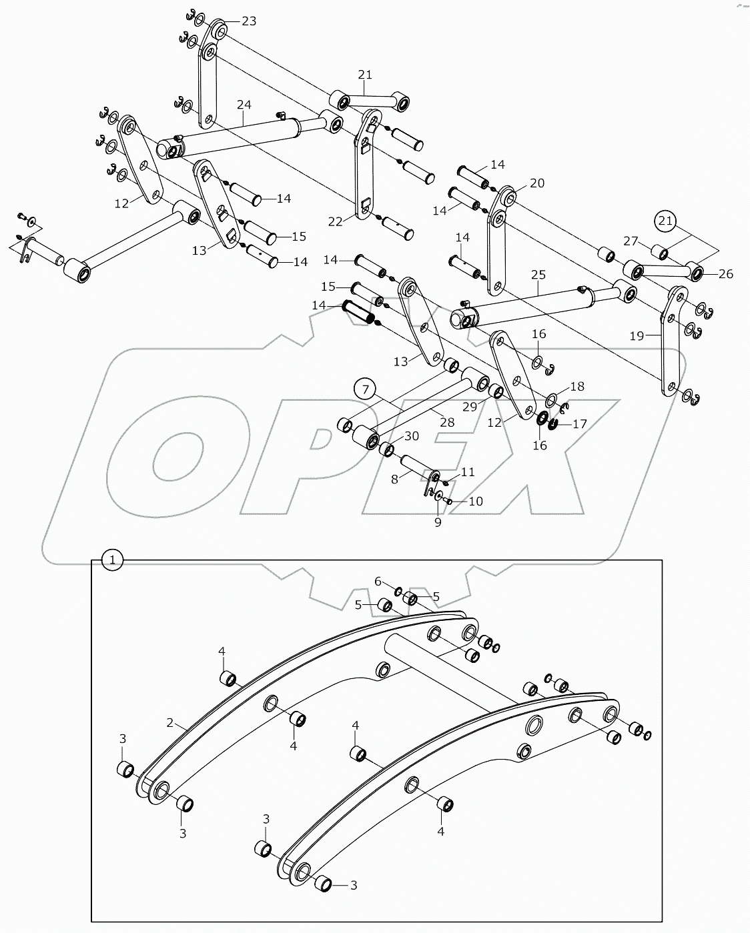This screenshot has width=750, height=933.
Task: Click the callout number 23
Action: tap(248, 21)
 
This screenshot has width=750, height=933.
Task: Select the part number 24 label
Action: tap(244, 105)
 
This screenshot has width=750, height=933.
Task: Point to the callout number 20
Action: tap(537, 183)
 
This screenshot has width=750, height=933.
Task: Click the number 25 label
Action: tap(538, 275)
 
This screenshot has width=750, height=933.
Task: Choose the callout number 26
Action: tap(725, 273)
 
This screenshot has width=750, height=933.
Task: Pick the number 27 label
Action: tap(631, 241)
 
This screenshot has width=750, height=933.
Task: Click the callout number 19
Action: tap(637, 335)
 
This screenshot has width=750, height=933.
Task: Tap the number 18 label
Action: tap(577, 386)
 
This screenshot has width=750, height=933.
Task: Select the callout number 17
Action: tap(579, 423)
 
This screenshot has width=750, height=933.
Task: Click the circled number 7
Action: tap(365, 389)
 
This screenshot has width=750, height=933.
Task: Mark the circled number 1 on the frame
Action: tap(112, 560)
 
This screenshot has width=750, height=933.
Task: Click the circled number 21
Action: tap(665, 220)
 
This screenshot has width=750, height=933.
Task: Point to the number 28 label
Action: tap(446, 422)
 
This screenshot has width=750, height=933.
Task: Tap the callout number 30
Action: tap(412, 435)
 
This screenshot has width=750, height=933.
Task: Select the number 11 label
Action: tap(468, 472)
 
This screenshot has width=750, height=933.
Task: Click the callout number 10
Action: tap(475, 501)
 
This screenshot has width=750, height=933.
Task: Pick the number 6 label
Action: tap(378, 582)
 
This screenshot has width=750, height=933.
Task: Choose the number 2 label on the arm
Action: tap(169, 722)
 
